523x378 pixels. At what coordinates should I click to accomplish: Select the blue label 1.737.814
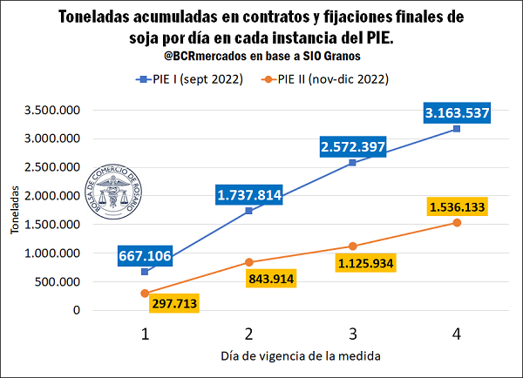coord(248,195)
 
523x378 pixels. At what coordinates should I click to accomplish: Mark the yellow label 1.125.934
coord(367,262)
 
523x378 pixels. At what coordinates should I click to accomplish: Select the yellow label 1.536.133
coord(456,207)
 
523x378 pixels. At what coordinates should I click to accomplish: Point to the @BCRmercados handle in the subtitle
coord(205,57)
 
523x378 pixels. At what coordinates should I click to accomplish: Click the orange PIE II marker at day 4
coord(457,223)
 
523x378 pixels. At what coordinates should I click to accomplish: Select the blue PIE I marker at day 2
coord(249,211)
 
